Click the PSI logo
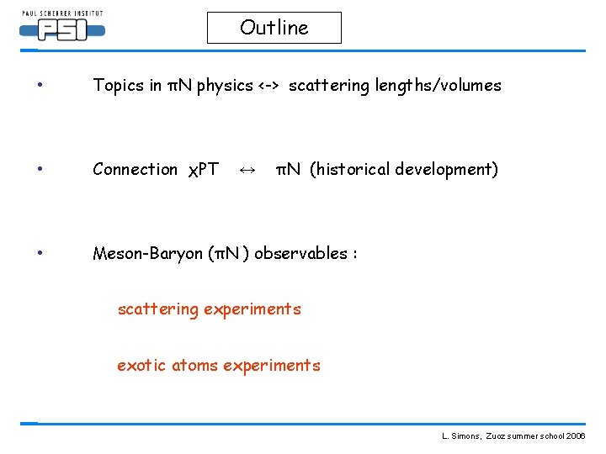pos(61,31)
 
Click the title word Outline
pos(274,28)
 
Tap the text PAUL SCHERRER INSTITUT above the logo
pos(61,13)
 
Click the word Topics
pos(116,86)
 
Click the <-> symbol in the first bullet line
pos(270,86)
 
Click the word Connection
pos(135,170)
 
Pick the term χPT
pos(202,170)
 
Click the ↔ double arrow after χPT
pos(247,170)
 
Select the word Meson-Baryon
pos(147,253)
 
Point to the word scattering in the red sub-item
pos(157,309)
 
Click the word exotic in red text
pos(141,366)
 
